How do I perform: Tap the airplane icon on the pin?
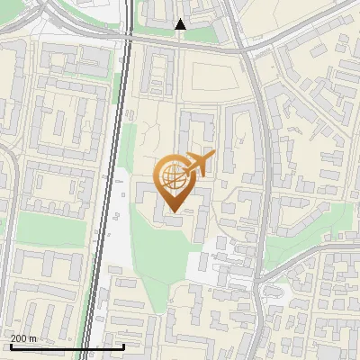pos(199,165)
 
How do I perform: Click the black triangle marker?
pos(181,25)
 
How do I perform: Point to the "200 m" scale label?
pos(23,337)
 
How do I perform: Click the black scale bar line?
pos(67,346)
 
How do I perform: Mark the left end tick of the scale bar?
pos(11,345)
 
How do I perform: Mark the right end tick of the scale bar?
pos(122,345)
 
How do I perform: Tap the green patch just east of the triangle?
pos(203,34)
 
